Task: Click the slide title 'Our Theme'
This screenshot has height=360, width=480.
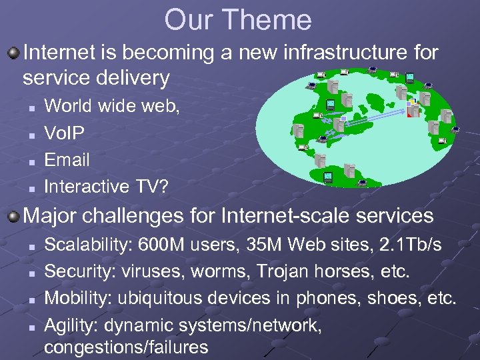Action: [238, 20]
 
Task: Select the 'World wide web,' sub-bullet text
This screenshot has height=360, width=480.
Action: [111, 105]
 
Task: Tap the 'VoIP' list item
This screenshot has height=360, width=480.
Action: [64, 133]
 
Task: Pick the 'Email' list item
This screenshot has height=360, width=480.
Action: [67, 160]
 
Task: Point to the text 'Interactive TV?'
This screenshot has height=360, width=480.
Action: [106, 187]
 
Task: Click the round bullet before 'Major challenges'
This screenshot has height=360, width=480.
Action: [13, 216]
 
